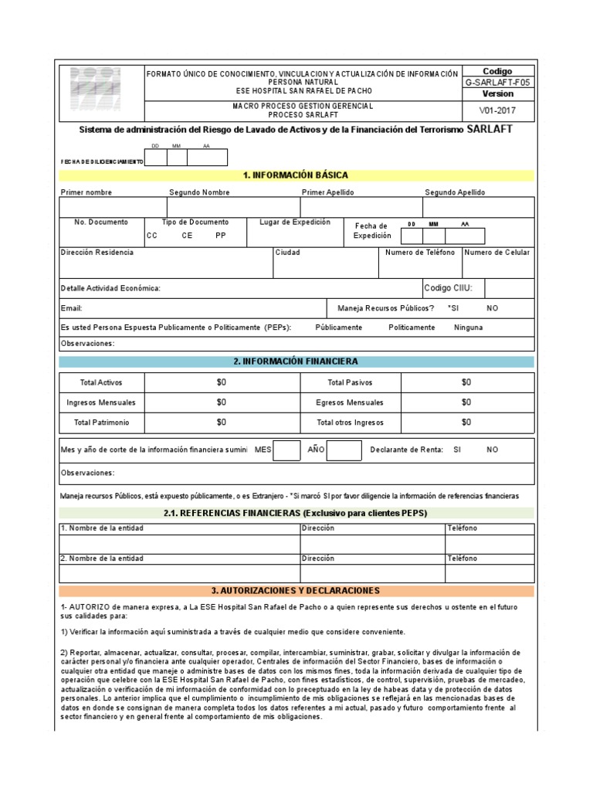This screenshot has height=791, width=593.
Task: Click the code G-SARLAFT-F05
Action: (497, 82)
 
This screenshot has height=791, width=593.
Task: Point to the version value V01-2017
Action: (497, 110)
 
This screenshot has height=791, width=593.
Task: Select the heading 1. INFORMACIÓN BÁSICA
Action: (296, 176)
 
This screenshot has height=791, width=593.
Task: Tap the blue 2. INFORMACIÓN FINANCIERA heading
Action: (296, 362)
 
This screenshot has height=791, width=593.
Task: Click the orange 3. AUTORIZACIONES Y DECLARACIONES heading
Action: (296, 591)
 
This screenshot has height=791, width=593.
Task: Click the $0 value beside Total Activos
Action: (222, 382)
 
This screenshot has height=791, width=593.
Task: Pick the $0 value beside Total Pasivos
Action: (466, 382)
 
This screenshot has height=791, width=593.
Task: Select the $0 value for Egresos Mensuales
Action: (466, 402)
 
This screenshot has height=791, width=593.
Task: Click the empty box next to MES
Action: (287, 450)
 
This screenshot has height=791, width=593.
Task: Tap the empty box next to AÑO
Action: (344, 450)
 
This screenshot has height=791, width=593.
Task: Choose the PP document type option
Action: (221, 236)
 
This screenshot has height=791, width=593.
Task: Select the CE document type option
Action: (187, 236)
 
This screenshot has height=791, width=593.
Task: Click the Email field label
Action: (71, 308)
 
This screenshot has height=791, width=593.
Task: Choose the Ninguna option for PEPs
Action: (469, 328)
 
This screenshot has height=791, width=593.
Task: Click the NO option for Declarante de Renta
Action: (493, 450)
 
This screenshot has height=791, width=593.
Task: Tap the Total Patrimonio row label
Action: (101, 423)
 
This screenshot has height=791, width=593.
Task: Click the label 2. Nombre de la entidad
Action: (102, 558)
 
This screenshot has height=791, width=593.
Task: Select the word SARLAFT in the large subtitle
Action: (490, 130)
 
